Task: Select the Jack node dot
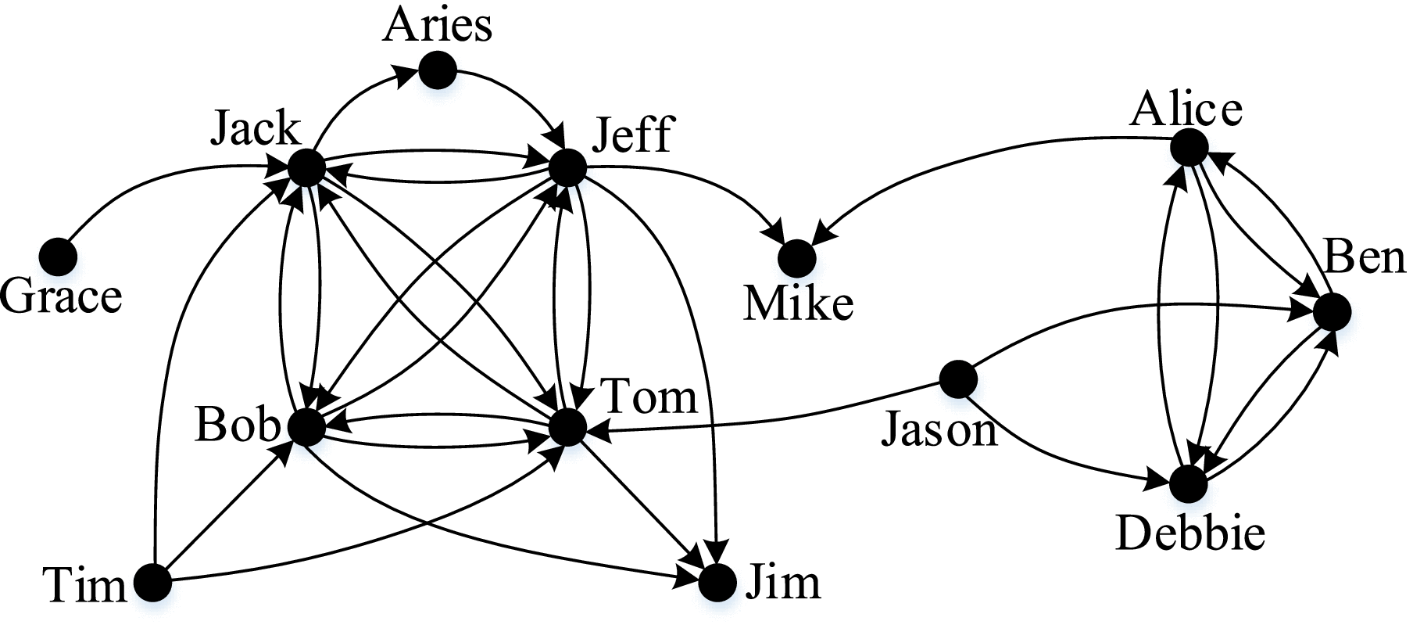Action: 306,167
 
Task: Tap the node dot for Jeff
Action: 568,167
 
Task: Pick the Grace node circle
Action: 59,256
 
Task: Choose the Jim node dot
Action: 717,583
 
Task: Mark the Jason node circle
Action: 958,379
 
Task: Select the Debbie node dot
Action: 1189,484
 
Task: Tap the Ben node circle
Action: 1332,311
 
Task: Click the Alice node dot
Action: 1189,147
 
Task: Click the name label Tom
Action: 650,397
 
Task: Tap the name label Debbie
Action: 1190,535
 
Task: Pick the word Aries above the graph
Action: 438,26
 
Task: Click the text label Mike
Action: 798,303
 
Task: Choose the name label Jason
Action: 939,429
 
